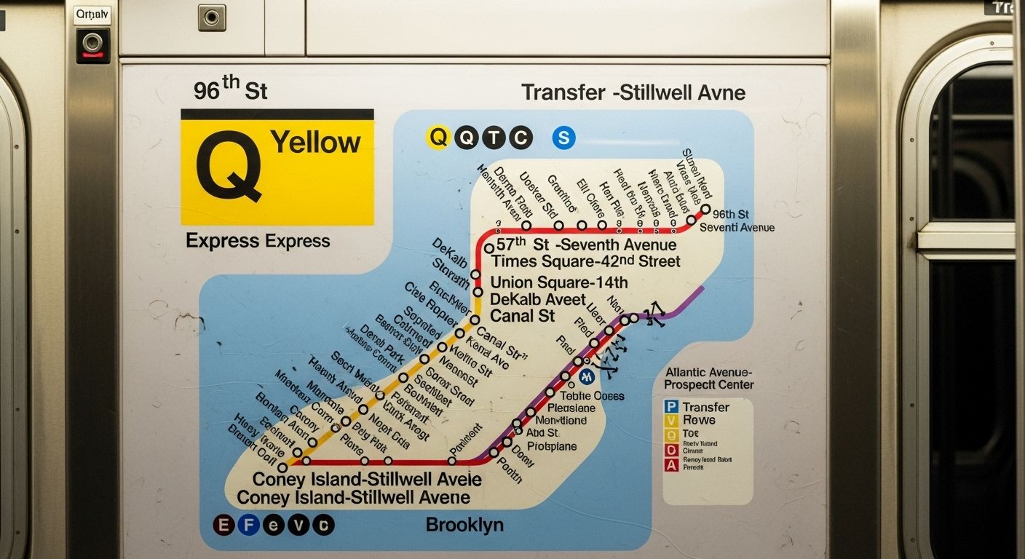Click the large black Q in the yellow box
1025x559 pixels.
[229, 166]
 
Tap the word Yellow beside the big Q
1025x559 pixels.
[315, 142]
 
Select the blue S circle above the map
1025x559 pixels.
[563, 138]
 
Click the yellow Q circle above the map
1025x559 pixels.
[438, 137]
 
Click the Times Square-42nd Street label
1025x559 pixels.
[586, 262]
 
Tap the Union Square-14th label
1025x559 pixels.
[559, 282]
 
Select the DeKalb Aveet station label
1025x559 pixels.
[538, 299]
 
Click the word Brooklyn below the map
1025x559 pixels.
[464, 525]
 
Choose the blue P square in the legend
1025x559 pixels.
[671, 408]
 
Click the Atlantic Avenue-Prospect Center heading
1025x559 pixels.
[709, 378]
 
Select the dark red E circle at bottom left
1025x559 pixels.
[223, 525]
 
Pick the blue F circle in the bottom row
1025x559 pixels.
[248, 525]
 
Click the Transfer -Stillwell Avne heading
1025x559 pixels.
[633, 93]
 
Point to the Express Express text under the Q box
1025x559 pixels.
[258, 241]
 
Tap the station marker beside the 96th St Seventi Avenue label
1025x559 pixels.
[705, 210]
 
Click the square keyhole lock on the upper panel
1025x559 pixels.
[211, 17]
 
